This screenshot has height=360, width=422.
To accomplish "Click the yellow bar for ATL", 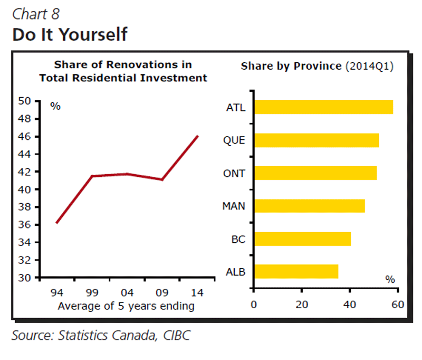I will pos(323,107).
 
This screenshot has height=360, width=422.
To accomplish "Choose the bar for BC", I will pos(302,239).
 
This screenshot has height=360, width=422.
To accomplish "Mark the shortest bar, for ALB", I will pos(296,272).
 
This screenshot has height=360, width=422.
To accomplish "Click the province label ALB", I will pos(235,272).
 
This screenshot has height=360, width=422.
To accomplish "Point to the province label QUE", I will pos(234,141).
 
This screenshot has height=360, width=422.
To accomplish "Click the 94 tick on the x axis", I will pos(56,292).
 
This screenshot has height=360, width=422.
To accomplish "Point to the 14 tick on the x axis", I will pos(198,292).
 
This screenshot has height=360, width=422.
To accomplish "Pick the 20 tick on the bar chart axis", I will pos(301,305).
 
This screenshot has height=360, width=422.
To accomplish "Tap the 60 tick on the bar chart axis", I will pos(398,305).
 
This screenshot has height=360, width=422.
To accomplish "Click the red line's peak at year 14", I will pos(198,136).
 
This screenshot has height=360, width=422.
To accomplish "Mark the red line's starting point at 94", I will pos(56,223).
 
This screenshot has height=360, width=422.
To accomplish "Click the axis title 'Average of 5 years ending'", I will pos(126,306).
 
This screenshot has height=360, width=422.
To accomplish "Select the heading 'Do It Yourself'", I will pos(70,34).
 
